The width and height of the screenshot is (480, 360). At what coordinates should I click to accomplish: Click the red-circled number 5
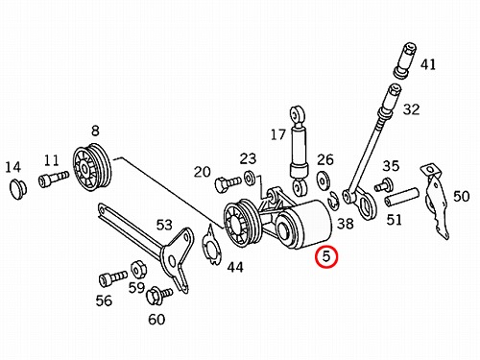pyautogui.click(x=325, y=256)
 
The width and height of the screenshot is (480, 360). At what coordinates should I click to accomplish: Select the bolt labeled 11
pyautogui.click(x=53, y=179)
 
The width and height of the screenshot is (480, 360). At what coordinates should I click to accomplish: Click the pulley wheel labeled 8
pyautogui.click(x=91, y=167)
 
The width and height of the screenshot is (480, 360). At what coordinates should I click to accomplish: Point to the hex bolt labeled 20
pyautogui.click(x=228, y=183)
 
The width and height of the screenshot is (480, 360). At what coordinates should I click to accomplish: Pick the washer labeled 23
pyautogui.click(x=249, y=178)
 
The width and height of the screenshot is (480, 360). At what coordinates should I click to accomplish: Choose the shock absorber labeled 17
pyautogui.click(x=300, y=150)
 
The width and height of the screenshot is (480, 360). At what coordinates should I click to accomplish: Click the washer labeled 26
pyautogui.click(x=323, y=180)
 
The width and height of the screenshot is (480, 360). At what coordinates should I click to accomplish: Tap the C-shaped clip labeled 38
pyautogui.click(x=332, y=202)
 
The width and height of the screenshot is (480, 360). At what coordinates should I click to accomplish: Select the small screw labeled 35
pyautogui.click(x=383, y=184)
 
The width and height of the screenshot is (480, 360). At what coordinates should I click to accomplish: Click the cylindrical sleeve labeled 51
pyautogui.click(x=401, y=197)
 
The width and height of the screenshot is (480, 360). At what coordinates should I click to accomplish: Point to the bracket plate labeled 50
pyautogui.click(x=435, y=200)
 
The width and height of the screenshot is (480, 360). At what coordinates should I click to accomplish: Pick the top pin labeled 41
pyautogui.click(x=404, y=60)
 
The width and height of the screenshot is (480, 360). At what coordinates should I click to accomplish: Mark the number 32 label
pyautogui.click(x=411, y=109)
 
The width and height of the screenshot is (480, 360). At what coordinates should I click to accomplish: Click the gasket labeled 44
pyautogui.click(x=211, y=245)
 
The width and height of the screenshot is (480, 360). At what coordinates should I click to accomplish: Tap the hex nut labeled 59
pyautogui.click(x=138, y=270)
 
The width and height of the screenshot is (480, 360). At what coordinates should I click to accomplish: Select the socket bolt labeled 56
pyautogui.click(x=112, y=278)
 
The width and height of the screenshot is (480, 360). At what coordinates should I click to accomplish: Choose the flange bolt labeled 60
pyautogui.click(x=159, y=295)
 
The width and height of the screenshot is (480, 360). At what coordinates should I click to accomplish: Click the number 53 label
pyautogui.click(x=164, y=225)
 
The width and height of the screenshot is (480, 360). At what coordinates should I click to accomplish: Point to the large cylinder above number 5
pyautogui.click(x=304, y=224)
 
